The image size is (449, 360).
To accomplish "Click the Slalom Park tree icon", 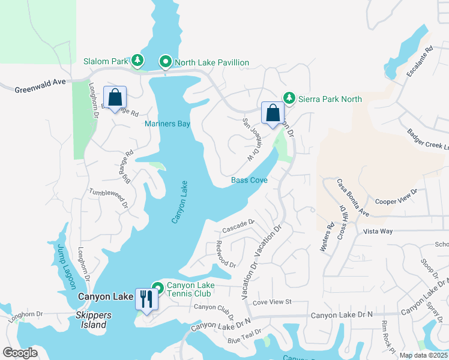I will click(x=138, y=61).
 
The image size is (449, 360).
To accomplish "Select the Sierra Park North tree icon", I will click(x=289, y=98).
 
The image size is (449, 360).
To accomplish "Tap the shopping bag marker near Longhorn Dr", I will click(x=115, y=97).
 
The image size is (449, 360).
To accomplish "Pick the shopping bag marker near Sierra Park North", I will click(x=273, y=112).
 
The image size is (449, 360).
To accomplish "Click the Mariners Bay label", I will click(x=167, y=124).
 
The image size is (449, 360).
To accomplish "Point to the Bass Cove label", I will click(x=249, y=180).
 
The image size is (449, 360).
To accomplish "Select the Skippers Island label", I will click(x=86, y=325).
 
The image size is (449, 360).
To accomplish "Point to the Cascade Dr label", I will click(x=238, y=226).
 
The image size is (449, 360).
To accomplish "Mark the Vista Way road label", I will click(x=378, y=231).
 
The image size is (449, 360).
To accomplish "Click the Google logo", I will click(x=20, y=353).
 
